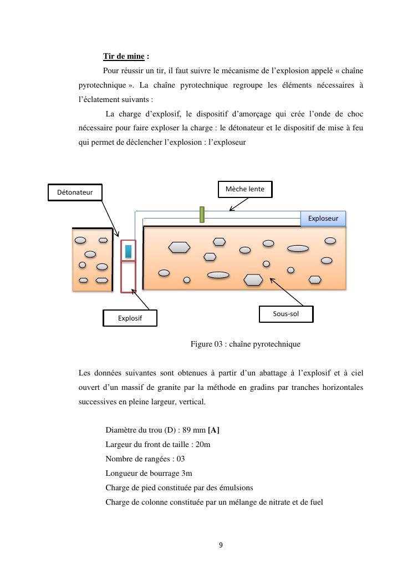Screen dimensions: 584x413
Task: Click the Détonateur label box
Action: click(x=75, y=192)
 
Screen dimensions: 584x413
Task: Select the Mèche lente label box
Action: click(x=245, y=189)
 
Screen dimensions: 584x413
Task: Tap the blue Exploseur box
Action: click(x=323, y=219)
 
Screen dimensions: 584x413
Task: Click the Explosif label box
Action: click(x=130, y=318)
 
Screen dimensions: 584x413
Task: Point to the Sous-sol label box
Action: click(x=285, y=314)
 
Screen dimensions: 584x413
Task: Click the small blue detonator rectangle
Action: click(x=128, y=251)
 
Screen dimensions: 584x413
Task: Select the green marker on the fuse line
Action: click(x=202, y=214)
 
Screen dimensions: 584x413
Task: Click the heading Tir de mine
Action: click(x=124, y=57)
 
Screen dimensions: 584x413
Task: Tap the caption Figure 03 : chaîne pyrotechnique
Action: click(x=245, y=344)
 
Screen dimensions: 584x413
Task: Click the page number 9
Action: click(x=221, y=545)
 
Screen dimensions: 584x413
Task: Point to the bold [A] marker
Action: click(x=213, y=430)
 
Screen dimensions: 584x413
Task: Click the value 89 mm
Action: click(x=193, y=430)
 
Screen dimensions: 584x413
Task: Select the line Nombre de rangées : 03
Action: click(x=145, y=459)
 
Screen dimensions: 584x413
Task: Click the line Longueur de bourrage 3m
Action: click(x=149, y=473)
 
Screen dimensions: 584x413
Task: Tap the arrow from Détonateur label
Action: click(x=110, y=219)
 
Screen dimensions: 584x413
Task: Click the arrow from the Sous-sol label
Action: click(x=286, y=291)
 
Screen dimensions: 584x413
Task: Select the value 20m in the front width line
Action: click(x=203, y=444)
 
